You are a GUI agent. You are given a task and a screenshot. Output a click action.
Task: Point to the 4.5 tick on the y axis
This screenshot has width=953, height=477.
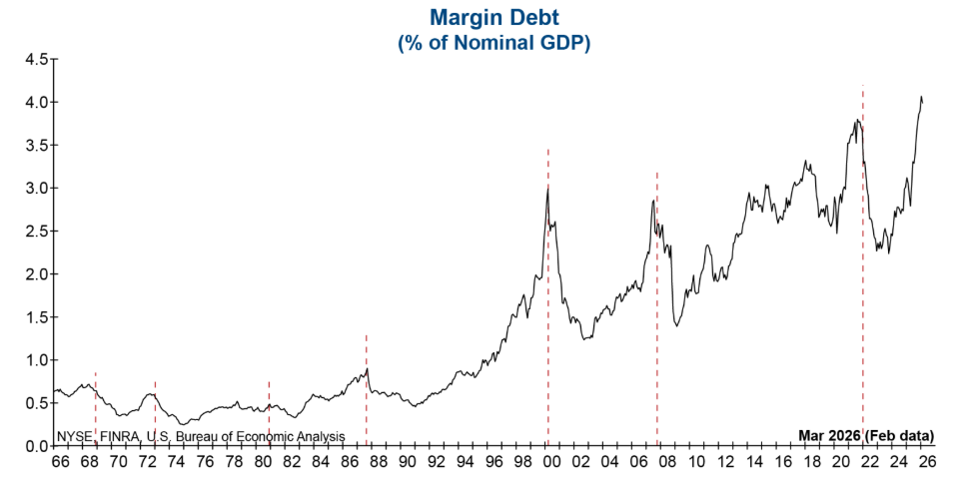[36, 59]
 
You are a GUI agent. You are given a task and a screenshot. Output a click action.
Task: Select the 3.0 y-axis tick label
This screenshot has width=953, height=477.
[36, 189]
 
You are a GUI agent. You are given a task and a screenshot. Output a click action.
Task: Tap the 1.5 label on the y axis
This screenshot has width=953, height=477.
[36, 317]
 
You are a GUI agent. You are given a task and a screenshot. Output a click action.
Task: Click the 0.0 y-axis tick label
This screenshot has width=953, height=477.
[36, 446]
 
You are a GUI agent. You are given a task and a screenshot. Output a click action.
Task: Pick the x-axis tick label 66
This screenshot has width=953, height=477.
[61, 463]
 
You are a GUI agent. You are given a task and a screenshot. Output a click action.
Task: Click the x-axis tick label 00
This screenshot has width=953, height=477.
[552, 463]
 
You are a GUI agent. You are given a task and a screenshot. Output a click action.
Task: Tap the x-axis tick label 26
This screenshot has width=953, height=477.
[928, 463]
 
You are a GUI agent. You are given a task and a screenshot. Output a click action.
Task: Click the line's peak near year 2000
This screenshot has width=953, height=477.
[547, 189]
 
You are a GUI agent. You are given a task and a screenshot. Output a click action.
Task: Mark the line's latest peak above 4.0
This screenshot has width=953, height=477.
[920, 97]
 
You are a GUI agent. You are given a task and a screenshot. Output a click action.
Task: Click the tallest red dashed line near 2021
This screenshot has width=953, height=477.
[863, 249]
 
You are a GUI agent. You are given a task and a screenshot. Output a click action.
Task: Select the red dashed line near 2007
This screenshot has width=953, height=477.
[657, 299]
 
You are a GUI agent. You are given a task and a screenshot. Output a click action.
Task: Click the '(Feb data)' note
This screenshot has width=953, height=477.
[900, 436]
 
